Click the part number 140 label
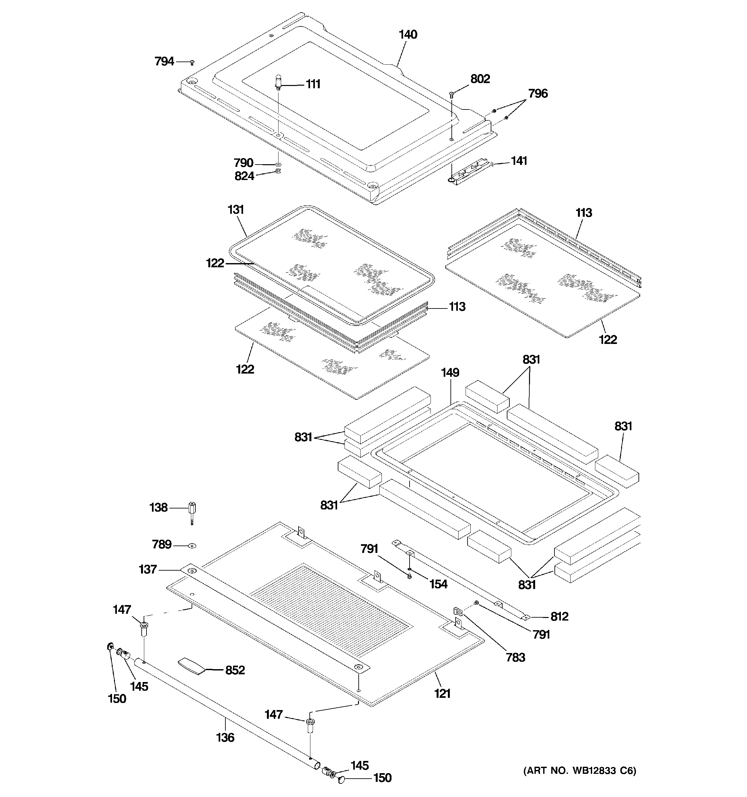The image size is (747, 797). coord(408,35)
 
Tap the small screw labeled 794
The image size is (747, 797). coord(192,62)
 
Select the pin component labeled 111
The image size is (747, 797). coord(278,82)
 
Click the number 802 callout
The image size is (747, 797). coord(480,79)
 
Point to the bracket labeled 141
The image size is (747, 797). coord(469,172)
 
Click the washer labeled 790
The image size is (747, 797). coord(278,164)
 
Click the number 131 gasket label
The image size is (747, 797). coord(236,210)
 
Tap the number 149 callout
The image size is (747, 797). coord(450,373)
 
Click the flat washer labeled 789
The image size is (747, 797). coord(193,545)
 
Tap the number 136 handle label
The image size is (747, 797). coord(225,737)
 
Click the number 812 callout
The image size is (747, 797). coord(559,616)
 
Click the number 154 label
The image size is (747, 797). coord(438,584)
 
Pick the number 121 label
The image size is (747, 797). coord(442,693)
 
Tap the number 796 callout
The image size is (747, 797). coord(538,93)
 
